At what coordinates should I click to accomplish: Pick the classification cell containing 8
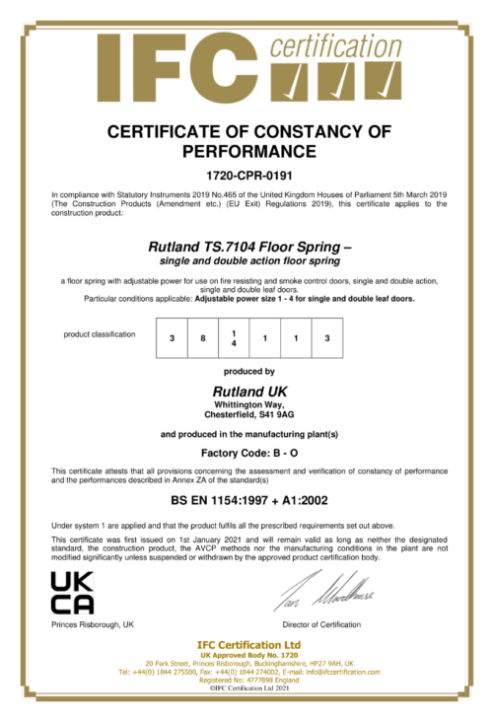coord(202,338)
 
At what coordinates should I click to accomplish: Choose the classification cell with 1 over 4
coord(234,338)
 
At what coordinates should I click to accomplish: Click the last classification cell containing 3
coord(326,338)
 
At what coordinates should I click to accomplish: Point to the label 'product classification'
coord(100,334)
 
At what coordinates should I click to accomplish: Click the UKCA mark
coord(72,592)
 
